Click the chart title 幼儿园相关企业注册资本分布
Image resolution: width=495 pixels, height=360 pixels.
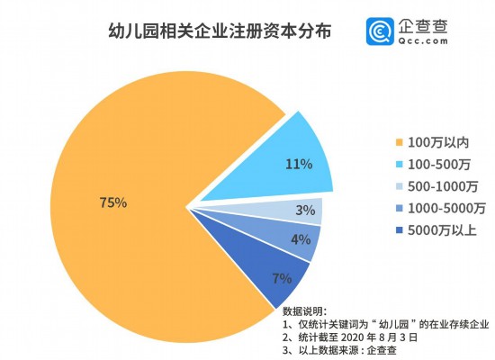(x=220, y=31)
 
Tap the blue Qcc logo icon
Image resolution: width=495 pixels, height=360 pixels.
(x=380, y=31)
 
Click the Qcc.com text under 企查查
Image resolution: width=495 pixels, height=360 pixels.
(x=423, y=40)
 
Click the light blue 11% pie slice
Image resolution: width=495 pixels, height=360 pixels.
(x=284, y=164)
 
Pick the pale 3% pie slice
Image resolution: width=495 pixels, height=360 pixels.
(x=284, y=210)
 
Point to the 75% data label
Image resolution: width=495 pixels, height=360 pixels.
(x=113, y=202)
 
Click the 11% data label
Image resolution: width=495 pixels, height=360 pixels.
(x=299, y=164)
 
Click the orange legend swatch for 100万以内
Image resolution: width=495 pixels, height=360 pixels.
(x=399, y=143)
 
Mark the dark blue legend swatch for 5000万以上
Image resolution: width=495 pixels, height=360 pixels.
(x=399, y=230)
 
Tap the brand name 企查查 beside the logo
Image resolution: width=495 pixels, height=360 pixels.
(x=423, y=26)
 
